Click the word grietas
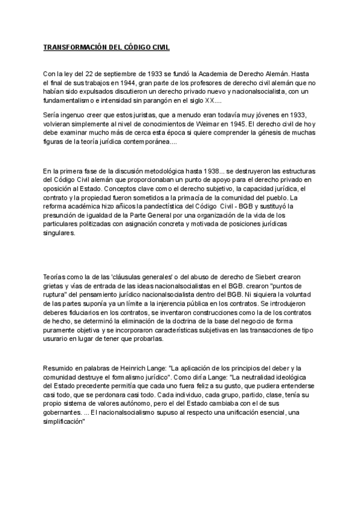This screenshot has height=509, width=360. point(55,288)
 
